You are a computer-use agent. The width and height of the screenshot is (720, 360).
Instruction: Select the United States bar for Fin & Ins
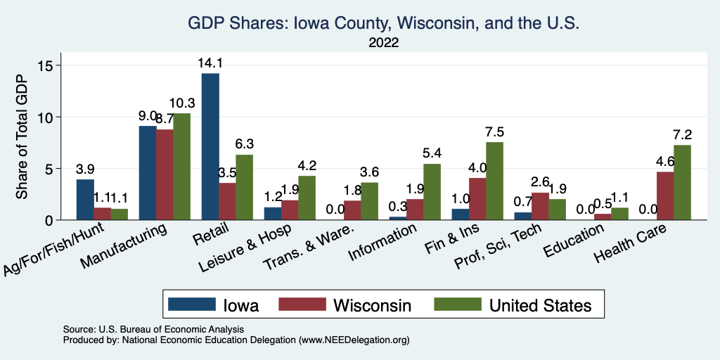495,181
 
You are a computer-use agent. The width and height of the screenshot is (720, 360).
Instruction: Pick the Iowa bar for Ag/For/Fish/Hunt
85,200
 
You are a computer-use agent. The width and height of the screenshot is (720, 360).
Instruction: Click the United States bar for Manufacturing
182,167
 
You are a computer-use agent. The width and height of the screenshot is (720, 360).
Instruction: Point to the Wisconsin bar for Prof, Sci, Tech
541,206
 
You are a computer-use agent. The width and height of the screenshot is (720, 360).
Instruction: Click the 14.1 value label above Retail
210,63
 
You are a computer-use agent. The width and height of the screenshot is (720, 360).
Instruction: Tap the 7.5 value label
495,132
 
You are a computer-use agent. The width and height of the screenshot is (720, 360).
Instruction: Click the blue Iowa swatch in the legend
192,304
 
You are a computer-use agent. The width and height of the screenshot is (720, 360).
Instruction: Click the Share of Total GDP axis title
22,138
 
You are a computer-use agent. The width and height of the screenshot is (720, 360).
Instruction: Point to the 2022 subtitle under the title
383,43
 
